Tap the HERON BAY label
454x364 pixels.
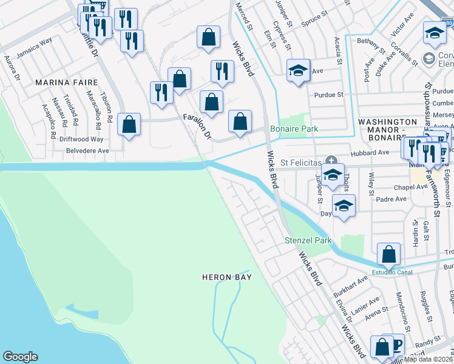226,277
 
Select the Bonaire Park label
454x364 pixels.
294,129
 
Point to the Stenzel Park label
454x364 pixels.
308,241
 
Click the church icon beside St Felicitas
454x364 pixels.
331,161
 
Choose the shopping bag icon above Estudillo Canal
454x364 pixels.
388,253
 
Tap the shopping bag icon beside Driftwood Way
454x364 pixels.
129,125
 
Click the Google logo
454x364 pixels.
20,357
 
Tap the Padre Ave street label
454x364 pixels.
392,199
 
